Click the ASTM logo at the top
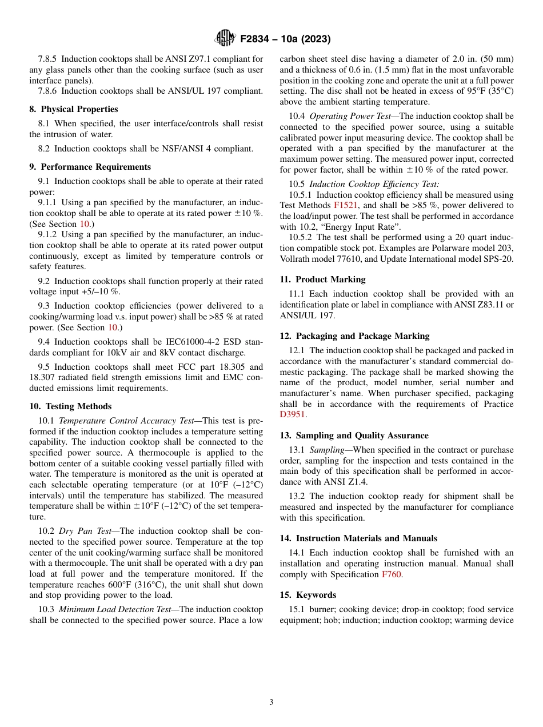[225, 39]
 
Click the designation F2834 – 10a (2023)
[285, 39]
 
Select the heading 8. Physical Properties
[74, 109]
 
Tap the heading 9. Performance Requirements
[90, 167]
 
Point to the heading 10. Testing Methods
[70, 406]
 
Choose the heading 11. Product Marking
[322, 279]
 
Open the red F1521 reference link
[345, 206]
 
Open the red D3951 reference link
[293, 415]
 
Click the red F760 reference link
[392, 574]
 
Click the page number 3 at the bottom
[271, 702]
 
